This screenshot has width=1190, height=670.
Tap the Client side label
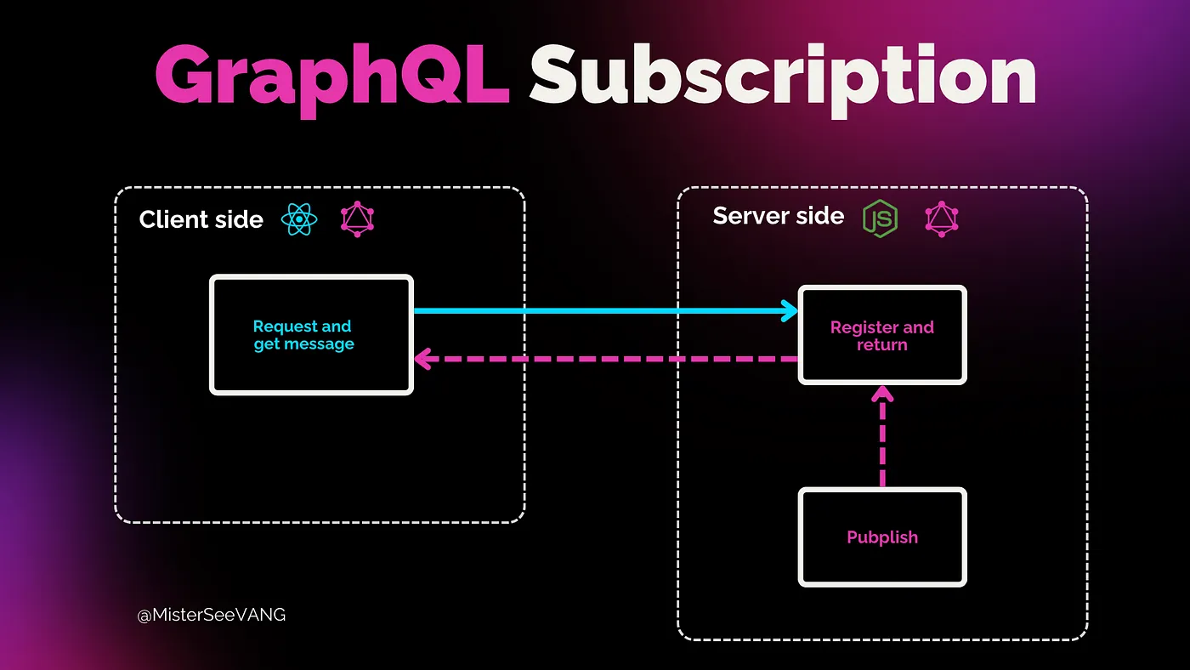point(201,219)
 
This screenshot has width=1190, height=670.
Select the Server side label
point(778,216)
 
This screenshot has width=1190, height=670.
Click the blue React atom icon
point(299,219)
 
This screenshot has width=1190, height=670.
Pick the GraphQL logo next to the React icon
point(357,219)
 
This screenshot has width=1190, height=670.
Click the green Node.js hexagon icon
point(880,218)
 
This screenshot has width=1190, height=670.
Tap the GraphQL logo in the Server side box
point(942,218)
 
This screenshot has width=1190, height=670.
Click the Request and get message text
point(303,335)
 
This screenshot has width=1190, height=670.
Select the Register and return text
point(881,336)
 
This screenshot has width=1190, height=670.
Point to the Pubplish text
point(882,537)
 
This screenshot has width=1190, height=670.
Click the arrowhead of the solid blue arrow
point(790,311)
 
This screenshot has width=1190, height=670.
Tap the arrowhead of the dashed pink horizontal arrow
point(422,359)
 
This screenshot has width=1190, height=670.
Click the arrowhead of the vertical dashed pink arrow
point(882,393)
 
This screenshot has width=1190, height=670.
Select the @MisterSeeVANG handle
point(212,615)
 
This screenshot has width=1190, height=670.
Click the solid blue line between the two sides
point(595,311)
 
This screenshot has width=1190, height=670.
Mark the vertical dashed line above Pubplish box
point(882,442)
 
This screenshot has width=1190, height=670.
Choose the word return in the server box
point(881,345)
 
